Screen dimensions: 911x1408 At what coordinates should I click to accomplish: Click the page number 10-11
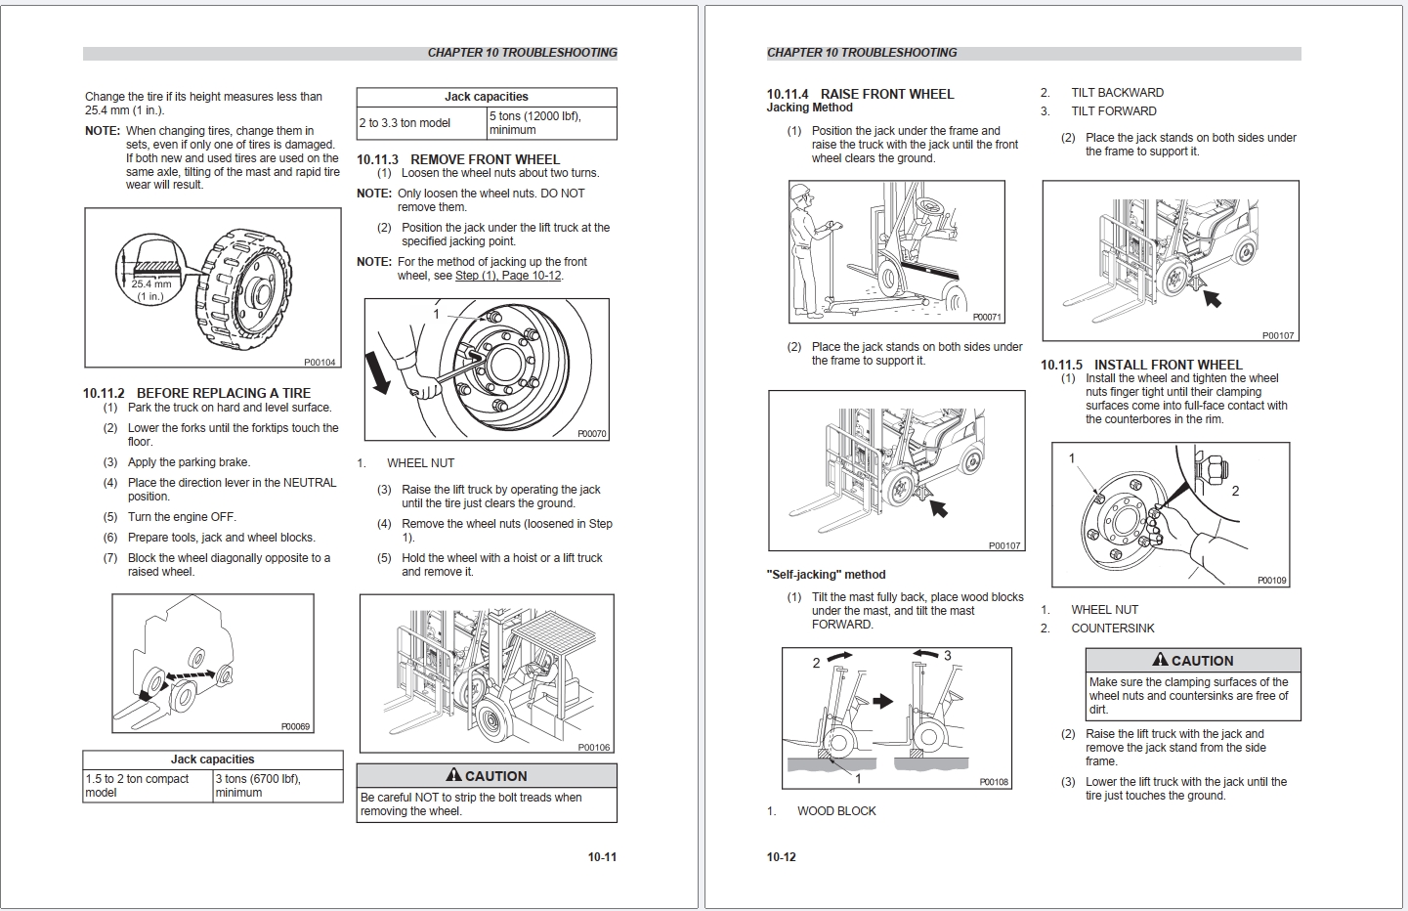(602, 857)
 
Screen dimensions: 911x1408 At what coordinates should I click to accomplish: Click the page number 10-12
(781, 857)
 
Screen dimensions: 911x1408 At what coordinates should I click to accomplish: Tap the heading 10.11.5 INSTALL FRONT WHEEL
(1141, 365)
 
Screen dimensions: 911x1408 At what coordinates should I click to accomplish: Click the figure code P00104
(320, 363)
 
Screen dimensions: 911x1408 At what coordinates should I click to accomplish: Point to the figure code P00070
(591, 433)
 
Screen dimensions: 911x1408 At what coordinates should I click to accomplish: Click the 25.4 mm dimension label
(151, 284)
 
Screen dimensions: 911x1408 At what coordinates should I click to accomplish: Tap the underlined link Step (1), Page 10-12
(508, 276)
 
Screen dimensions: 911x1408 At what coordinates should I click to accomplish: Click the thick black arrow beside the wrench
(377, 372)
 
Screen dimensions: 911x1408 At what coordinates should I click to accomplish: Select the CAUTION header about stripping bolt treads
(487, 776)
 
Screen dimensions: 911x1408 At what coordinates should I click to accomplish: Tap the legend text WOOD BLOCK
(836, 811)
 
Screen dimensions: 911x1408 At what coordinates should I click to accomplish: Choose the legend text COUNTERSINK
(1112, 629)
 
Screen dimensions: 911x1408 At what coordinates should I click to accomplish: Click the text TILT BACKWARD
(1117, 93)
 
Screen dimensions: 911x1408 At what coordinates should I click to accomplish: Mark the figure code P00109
(1271, 581)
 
